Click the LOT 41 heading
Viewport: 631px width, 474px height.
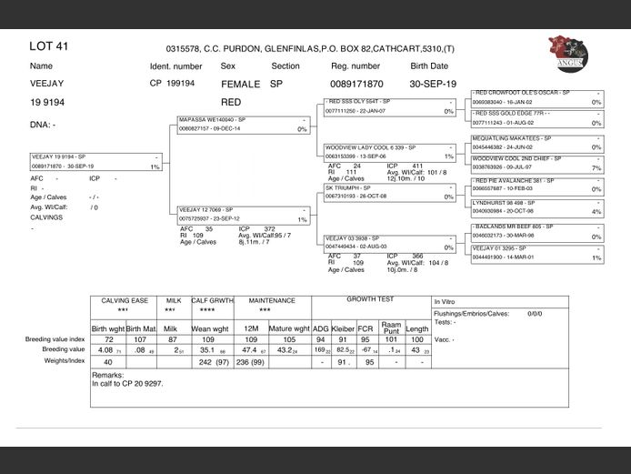pos(49,45)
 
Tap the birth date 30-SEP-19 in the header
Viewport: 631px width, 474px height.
pos(435,83)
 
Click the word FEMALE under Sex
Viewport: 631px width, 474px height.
pos(240,83)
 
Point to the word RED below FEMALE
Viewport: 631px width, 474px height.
pos(231,102)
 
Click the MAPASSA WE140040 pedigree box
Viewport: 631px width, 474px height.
pos(245,125)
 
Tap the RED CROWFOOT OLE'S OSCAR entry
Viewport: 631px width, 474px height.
pos(536,97)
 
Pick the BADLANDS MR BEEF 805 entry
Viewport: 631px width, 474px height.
pos(536,231)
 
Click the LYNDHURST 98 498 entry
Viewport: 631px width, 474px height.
pos(536,207)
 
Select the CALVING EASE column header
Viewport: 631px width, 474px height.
pos(125,300)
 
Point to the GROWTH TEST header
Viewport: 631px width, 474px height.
pos(370,299)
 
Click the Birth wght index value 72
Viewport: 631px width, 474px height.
pos(107,338)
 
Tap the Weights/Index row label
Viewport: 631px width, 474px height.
pos(64,360)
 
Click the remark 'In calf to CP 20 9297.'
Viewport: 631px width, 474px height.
pos(128,384)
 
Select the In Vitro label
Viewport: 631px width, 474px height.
pos(444,301)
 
